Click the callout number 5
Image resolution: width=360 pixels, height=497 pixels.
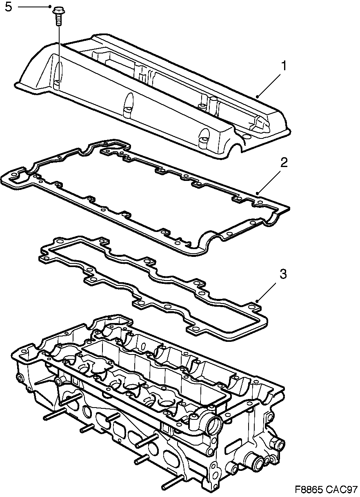(x=9, y=7)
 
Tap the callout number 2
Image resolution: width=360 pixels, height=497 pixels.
(x=284, y=163)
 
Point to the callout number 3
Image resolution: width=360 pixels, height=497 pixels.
(x=283, y=274)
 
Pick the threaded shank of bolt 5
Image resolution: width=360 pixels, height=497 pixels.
(x=58, y=20)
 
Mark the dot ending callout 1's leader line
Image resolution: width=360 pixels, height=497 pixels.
(x=258, y=97)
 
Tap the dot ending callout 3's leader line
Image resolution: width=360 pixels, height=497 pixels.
(x=258, y=301)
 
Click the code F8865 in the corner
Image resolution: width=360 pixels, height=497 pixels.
(x=310, y=489)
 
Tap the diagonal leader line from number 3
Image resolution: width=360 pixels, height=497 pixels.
(x=269, y=288)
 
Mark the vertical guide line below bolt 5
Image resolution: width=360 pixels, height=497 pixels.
(x=59, y=53)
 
